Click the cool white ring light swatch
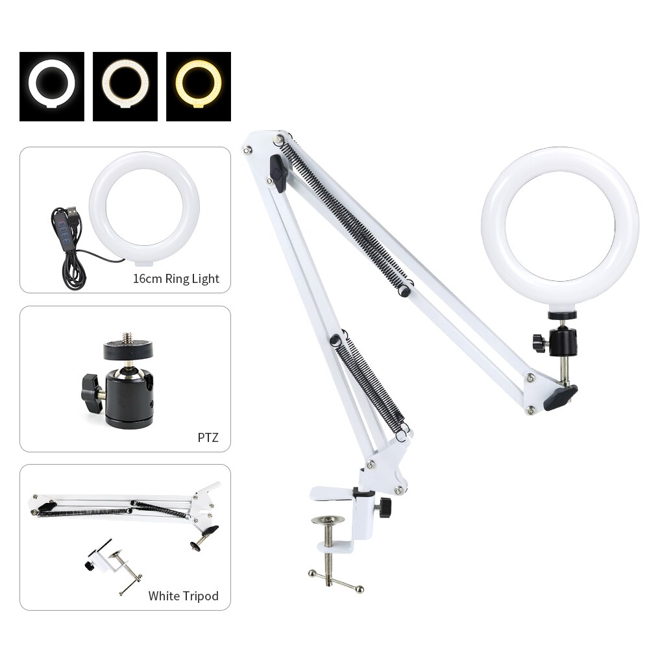click(52, 86)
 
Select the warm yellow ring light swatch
click(199, 86)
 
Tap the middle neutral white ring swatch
click(125, 86)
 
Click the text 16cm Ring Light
click(176, 279)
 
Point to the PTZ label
click(208, 437)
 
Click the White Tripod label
click(183, 595)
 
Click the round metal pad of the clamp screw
click(329, 519)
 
